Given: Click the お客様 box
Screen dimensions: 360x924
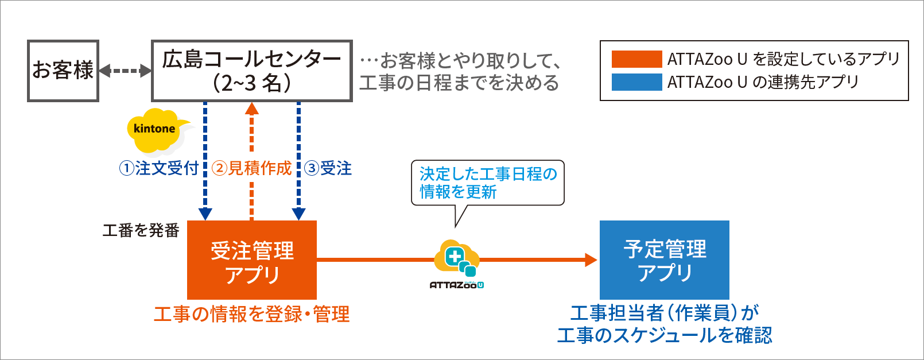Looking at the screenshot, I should tap(63, 71).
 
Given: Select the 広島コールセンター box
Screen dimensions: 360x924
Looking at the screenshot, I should tap(251, 71).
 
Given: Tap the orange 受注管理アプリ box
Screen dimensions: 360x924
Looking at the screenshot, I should tap(252, 260).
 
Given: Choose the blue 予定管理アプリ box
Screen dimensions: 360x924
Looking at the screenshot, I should tap(664, 260).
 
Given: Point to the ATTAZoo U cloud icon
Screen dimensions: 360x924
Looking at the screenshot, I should tap(456, 258).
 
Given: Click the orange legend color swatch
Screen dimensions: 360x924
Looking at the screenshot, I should tap(636, 59).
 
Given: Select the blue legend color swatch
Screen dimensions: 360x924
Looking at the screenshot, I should tap(636, 82).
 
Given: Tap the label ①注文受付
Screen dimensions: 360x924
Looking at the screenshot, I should tap(159, 168).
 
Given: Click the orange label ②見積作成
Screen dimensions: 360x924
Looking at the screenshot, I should tap(252, 168).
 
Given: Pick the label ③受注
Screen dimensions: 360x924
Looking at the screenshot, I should tap(328, 168).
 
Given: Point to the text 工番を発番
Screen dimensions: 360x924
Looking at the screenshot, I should tap(141, 230).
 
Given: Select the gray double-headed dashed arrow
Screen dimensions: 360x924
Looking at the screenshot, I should tap(125, 71).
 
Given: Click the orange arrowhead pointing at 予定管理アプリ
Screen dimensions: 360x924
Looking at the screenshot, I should tap(591, 260).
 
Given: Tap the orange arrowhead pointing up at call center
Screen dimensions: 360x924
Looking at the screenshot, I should tap(251, 108).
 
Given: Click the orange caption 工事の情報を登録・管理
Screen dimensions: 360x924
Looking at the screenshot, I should tap(251, 314).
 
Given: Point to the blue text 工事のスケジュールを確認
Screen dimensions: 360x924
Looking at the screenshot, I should tap(664, 335).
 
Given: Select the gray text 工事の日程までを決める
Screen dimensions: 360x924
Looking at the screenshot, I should tap(459, 83).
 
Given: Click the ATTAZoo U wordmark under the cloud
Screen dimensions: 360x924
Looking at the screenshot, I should tap(456, 285).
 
